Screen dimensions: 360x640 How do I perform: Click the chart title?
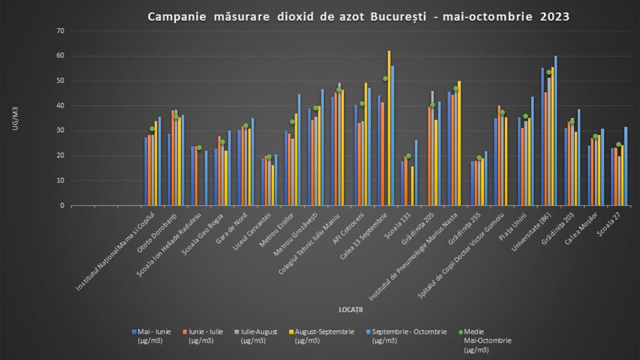pyautogui.click(x=359, y=16)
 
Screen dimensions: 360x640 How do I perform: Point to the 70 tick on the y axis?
pyautogui.click(x=60, y=31)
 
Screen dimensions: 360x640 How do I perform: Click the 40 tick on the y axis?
pyautogui.click(x=60, y=106)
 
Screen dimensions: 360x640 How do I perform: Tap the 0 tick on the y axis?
pyautogui.click(x=62, y=205)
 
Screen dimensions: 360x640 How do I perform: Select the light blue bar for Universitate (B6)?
pyautogui.click(x=555, y=131)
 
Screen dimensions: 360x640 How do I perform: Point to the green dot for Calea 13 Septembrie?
pyautogui.click(x=385, y=79)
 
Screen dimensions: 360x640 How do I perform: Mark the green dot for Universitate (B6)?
pyautogui.click(x=549, y=72)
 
